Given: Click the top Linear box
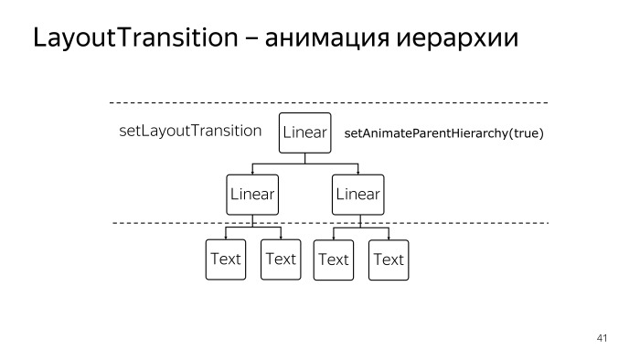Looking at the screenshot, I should (x=304, y=132).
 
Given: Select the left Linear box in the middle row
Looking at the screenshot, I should (x=252, y=194).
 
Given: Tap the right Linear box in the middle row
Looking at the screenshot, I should (x=357, y=194).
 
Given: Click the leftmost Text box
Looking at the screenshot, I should (x=225, y=259).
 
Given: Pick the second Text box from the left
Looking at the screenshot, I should (x=281, y=259).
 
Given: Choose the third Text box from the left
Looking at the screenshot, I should (x=334, y=259).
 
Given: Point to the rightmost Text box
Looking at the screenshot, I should (x=389, y=259).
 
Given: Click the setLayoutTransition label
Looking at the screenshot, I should (x=191, y=131).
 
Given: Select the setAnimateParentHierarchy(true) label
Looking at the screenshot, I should (x=444, y=133).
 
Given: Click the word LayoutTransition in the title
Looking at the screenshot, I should (x=137, y=39).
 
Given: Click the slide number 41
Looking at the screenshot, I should (x=601, y=339).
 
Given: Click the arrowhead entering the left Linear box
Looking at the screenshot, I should (x=252, y=172).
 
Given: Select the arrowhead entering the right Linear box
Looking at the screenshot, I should (x=357, y=172).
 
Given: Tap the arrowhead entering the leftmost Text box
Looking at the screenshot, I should (x=225, y=237).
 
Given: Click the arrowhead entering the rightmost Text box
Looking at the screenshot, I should (x=389, y=238).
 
